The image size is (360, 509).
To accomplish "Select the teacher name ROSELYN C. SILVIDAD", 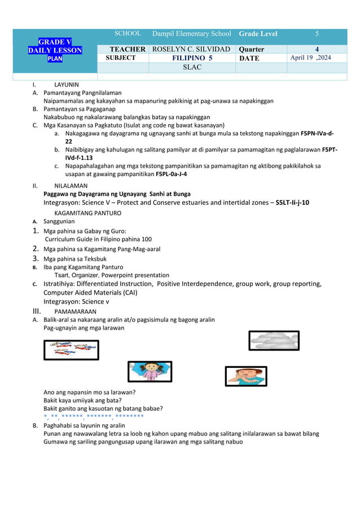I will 191,49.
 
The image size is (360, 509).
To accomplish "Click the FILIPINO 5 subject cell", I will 191,58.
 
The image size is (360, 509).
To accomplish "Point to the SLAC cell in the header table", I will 191,68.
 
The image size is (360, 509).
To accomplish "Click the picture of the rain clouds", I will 274,341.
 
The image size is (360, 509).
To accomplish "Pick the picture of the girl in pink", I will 150,371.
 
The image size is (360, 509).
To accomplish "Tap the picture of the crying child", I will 246,376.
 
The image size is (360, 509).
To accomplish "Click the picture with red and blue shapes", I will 71,350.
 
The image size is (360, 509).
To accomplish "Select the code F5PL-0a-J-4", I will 172,174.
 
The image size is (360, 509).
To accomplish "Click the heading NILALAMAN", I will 71,185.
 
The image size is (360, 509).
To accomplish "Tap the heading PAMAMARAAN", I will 75,311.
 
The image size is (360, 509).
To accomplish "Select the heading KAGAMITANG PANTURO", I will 87,213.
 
